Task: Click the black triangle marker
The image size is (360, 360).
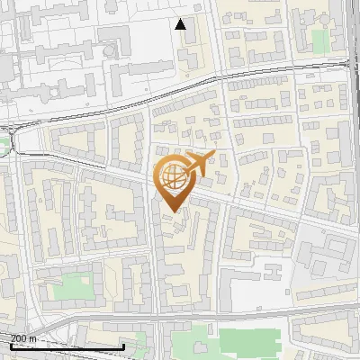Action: tap(181, 24)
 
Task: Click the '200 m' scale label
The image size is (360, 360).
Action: tap(23, 338)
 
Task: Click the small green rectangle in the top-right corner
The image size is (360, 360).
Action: tap(320, 40)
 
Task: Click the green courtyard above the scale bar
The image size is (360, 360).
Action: tap(76, 287)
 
